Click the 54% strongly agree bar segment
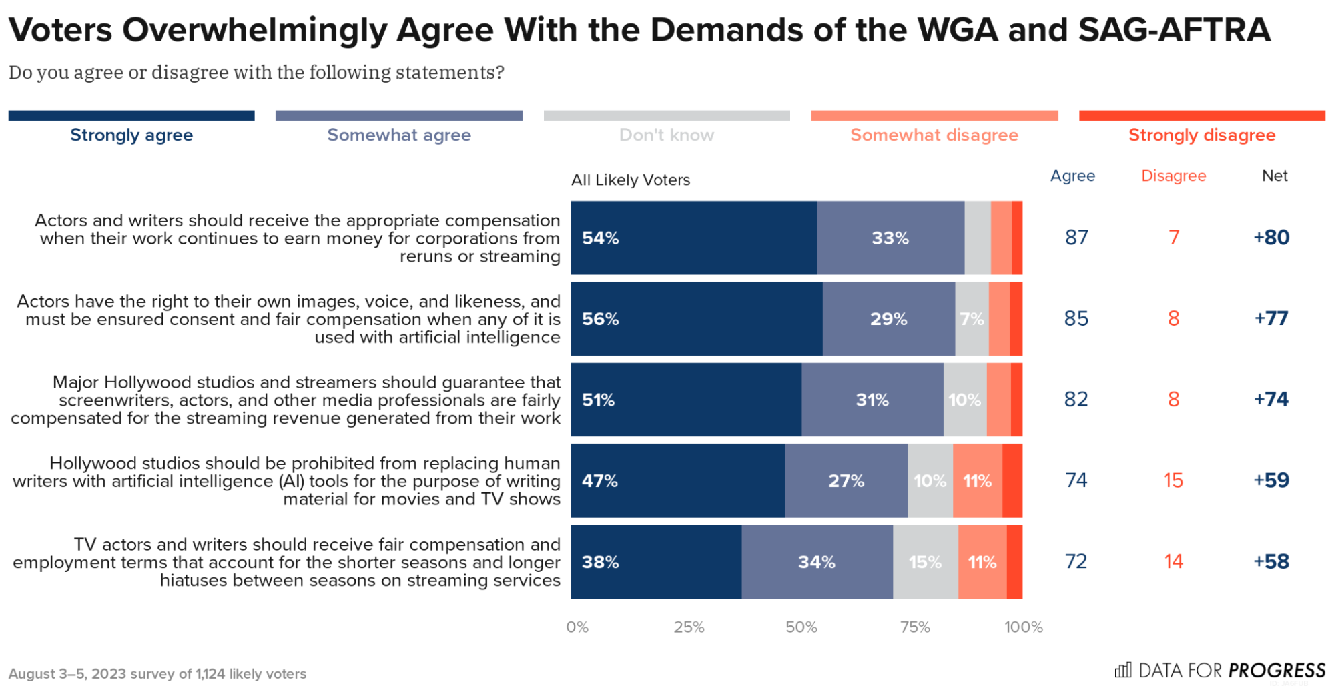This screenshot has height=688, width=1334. tap(694, 238)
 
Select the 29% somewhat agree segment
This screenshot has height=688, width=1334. tap(889, 319)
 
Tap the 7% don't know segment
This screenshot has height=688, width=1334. tap(972, 319)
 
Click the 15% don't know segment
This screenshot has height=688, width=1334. tap(926, 562)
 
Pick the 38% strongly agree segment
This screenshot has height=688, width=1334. tap(656, 562)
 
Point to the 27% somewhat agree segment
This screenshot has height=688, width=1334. tap(846, 481)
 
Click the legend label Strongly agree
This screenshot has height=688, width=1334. tap(131, 135)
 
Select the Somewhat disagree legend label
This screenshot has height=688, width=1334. tap(934, 135)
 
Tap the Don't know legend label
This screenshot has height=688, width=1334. tap(666, 135)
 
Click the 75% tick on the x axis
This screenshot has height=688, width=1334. tap(914, 627)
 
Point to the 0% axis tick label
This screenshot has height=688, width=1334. tap(577, 627)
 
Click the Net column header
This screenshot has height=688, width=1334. tap(1274, 176)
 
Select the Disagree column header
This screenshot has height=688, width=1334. tap(1173, 176)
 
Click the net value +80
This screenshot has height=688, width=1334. tap(1271, 238)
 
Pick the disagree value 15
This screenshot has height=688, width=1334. tap(1173, 480)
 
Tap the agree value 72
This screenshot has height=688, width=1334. tap(1076, 561)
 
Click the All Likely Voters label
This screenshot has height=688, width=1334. tap(630, 180)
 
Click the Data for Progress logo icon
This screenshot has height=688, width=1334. tap(1123, 669)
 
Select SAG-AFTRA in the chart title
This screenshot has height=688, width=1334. tap(1174, 30)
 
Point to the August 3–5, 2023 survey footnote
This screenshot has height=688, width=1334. tap(157, 673)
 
